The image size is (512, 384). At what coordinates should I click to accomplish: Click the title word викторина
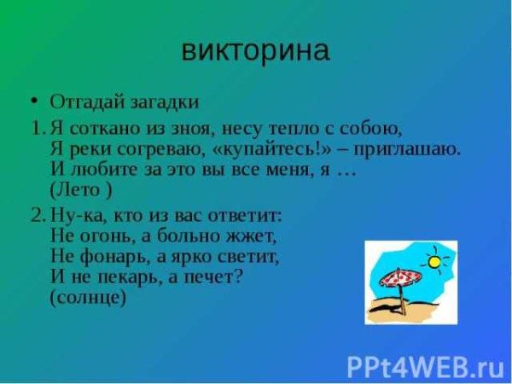[255, 50]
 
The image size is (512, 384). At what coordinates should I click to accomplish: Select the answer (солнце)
[88, 298]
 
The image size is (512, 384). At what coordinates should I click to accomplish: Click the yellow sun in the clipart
[435, 262]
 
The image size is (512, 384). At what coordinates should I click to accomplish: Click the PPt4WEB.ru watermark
[425, 367]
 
